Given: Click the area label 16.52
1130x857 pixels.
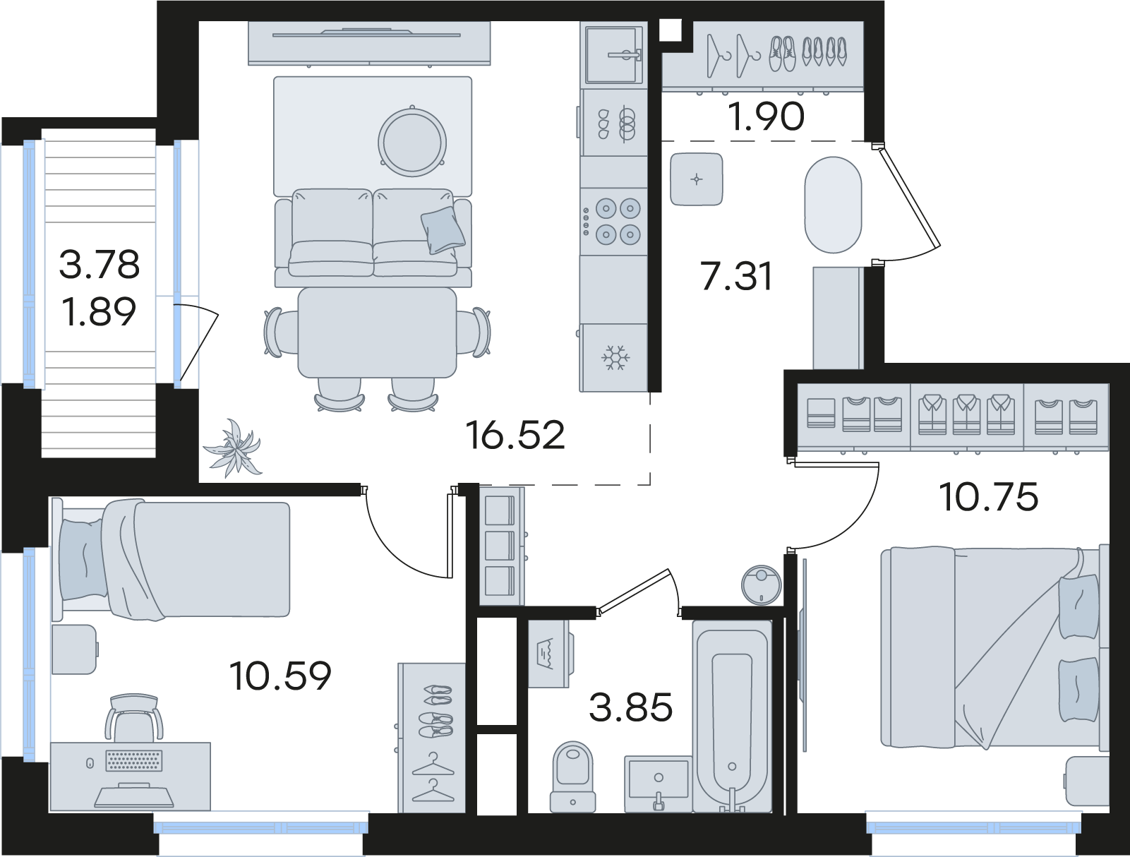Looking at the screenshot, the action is tap(515, 435).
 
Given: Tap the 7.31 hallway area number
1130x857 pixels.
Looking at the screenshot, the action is tap(736, 277).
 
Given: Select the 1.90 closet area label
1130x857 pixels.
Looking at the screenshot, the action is tap(766, 116).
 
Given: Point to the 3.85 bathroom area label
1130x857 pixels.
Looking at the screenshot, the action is tap(630, 707).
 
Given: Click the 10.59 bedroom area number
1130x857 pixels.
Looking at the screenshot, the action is tap(280, 676).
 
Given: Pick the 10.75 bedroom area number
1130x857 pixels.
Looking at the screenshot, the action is tap(989, 497).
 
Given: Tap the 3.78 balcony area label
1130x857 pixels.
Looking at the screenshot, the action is tap(100, 264).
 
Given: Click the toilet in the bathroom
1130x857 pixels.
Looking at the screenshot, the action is tap(572, 777).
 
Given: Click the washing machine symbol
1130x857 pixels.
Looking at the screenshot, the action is tap(549, 654).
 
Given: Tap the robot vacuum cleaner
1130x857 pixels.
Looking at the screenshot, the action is tap(762, 585).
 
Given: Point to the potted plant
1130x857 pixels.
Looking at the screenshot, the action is tap(233, 448).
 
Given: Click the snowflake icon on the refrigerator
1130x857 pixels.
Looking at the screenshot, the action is tap(613, 358).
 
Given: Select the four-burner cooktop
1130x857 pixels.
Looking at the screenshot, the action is tap(613, 222).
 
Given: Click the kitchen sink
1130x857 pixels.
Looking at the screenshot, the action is tap(614, 54).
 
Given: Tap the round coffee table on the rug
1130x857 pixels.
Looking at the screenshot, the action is tap(412, 142).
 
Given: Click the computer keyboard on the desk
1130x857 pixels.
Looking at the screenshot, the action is tap(134, 761).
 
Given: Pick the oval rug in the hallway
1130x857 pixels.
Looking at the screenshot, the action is tap(833, 205).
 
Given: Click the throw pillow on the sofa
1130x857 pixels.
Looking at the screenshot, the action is tap(443, 230).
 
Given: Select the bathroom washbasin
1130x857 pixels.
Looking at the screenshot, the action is tap(658, 782).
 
